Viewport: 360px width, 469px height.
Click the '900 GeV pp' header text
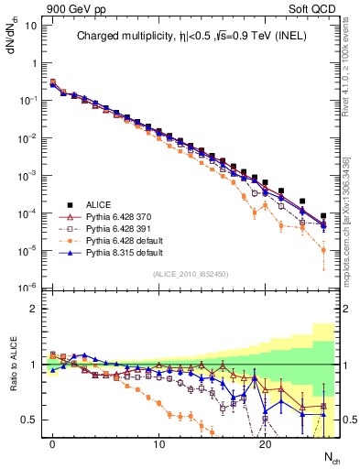68,7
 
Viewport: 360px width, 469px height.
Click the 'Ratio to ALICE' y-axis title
12,365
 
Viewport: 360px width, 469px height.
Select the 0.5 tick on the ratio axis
28,420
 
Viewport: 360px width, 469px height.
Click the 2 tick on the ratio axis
32,309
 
